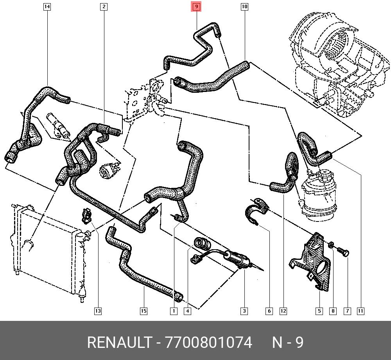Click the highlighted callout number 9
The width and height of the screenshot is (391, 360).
point(196,7)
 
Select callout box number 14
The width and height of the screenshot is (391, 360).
point(47,7)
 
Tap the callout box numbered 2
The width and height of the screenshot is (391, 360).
point(104,7)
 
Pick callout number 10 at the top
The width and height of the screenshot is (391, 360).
point(244,7)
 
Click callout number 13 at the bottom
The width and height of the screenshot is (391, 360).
point(98,311)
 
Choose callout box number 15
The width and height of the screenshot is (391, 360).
point(143,311)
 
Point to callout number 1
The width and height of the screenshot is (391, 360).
point(173,311)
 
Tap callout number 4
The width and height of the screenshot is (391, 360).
point(187,311)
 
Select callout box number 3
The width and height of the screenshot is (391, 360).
point(244,311)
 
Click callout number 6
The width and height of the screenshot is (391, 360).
point(269,311)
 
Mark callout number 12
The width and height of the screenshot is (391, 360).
point(283,311)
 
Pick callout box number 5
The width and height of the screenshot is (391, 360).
point(319,311)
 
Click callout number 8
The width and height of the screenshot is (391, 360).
point(333,311)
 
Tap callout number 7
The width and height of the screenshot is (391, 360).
point(347,311)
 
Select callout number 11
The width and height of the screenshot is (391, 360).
point(361,311)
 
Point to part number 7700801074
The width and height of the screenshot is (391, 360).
point(209,343)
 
